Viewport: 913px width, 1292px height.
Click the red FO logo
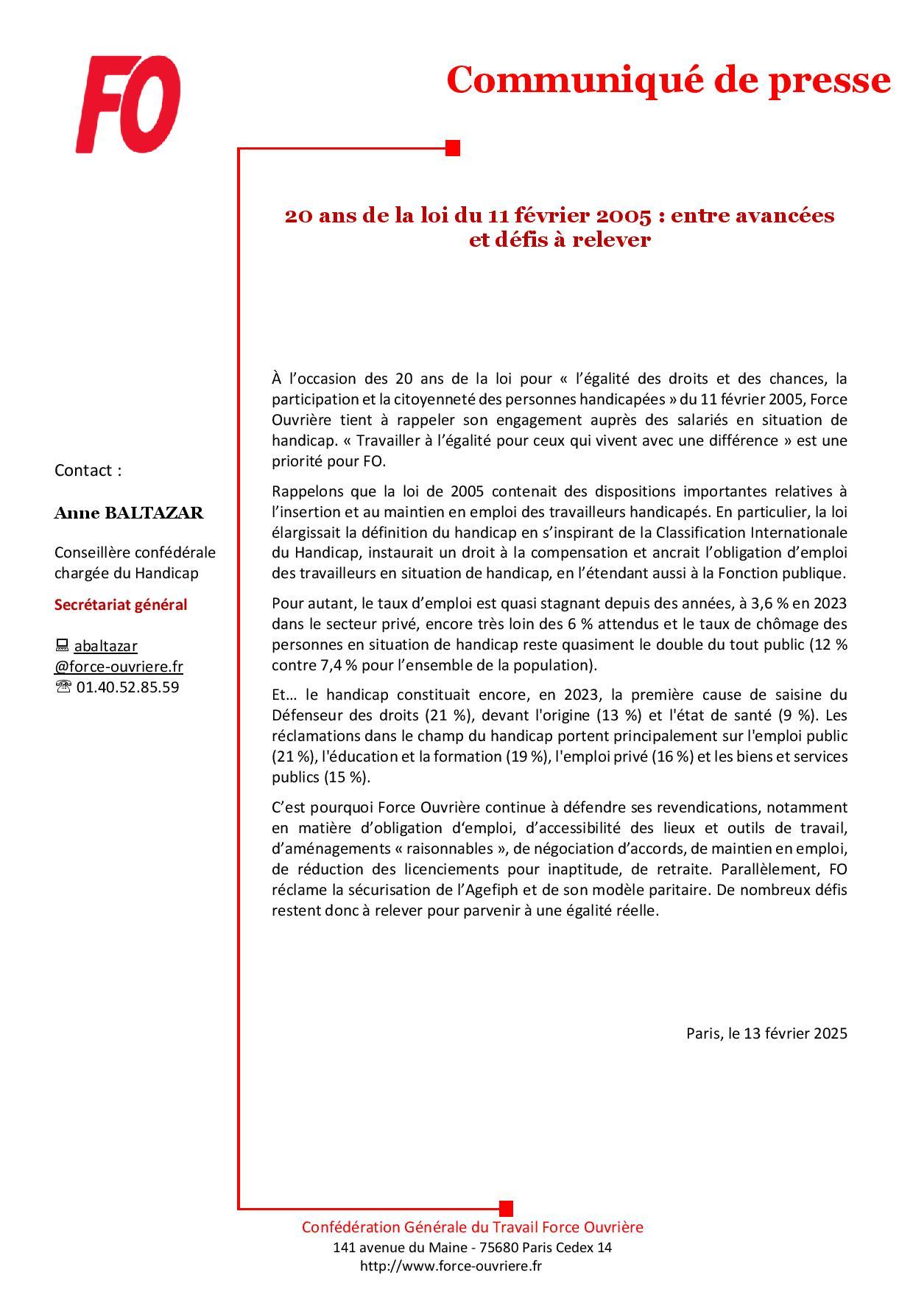pyautogui.click(x=128, y=105)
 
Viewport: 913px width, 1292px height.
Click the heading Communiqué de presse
pyautogui.click(x=668, y=80)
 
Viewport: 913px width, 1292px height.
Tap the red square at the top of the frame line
pyautogui.click(x=453, y=148)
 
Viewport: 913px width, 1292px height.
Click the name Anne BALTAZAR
pyautogui.click(x=129, y=513)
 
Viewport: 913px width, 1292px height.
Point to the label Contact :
pyautogui.click(x=88, y=470)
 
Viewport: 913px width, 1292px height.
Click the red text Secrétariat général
pyautogui.click(x=121, y=604)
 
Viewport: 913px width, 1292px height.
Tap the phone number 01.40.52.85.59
pyautogui.click(x=127, y=687)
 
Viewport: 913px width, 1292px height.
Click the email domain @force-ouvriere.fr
pyautogui.click(x=119, y=666)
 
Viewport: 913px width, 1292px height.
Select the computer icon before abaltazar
pyautogui.click(x=62, y=645)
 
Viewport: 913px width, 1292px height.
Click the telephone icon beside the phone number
pyautogui.click(x=63, y=687)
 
